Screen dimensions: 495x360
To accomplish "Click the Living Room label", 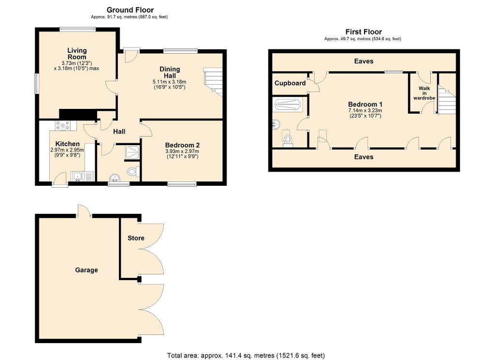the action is click(x=77, y=54).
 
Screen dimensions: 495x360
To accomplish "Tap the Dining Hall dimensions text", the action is click(x=169, y=84).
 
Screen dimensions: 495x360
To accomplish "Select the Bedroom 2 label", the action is click(x=182, y=145).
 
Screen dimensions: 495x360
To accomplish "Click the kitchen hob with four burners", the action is click(x=66, y=126).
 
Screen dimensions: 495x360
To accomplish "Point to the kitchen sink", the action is click(x=82, y=176).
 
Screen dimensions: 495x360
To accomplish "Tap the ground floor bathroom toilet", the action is click(x=133, y=172).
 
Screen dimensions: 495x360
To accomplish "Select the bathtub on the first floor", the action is click(x=288, y=105).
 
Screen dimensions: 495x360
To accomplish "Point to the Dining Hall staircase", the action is click(x=213, y=82).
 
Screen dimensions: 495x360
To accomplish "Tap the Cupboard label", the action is click(x=290, y=83).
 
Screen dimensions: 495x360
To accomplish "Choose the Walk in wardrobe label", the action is click(x=424, y=93).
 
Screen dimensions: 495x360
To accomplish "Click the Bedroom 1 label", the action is click(x=365, y=105).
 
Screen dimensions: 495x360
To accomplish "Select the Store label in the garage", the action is click(x=136, y=238).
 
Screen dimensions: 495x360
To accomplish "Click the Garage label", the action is click(x=86, y=270).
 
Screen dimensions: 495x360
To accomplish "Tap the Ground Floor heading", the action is click(x=130, y=10).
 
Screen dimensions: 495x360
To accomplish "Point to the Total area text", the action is click(x=246, y=355).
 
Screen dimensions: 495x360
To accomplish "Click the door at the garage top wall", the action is click(x=84, y=211).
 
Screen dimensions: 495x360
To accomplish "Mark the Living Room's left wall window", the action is click(x=36, y=83).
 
